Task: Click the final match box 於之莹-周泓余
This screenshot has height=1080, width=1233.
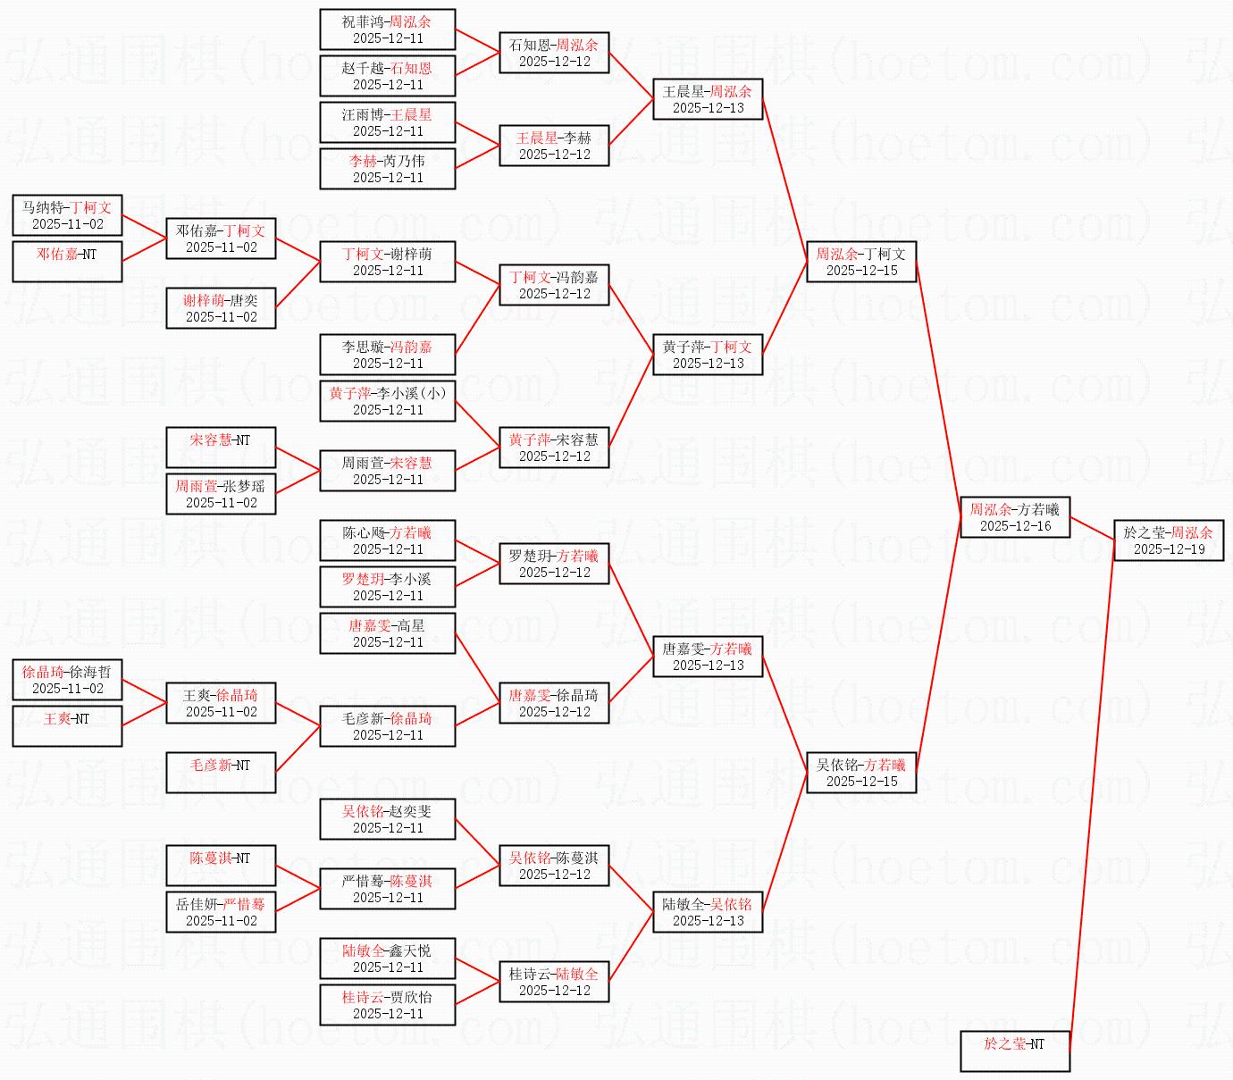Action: pos(1169,540)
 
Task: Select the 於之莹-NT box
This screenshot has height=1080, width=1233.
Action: pos(1015,1051)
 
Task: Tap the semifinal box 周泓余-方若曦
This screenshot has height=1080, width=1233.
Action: pos(1015,517)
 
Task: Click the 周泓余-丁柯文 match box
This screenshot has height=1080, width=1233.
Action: pos(861,262)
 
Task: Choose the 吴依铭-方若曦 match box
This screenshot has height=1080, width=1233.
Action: pos(861,773)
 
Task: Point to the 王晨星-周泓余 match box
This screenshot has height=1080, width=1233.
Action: pos(708,99)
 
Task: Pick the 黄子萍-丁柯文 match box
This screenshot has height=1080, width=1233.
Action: pos(708,355)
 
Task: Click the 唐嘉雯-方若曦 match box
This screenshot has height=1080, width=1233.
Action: pos(708,657)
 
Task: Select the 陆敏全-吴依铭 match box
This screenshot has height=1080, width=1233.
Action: pos(708,912)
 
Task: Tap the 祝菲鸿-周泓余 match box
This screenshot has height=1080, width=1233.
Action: pos(388,29)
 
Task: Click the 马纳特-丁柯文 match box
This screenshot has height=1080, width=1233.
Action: pos(67,215)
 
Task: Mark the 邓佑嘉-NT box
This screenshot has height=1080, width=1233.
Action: pos(67,262)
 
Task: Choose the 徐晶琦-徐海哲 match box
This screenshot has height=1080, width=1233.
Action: pos(67,680)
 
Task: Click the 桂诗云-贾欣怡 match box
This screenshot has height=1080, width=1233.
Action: pos(388,1005)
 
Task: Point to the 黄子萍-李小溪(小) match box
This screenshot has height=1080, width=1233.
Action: pos(388,401)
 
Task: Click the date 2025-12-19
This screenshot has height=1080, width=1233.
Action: pos(1169,549)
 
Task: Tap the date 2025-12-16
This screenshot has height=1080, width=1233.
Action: pos(1015,526)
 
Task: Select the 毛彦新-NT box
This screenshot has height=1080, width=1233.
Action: pos(221,773)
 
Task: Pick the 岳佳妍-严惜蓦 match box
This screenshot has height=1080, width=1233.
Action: pos(221,912)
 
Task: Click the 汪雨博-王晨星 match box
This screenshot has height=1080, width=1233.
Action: pos(388,122)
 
